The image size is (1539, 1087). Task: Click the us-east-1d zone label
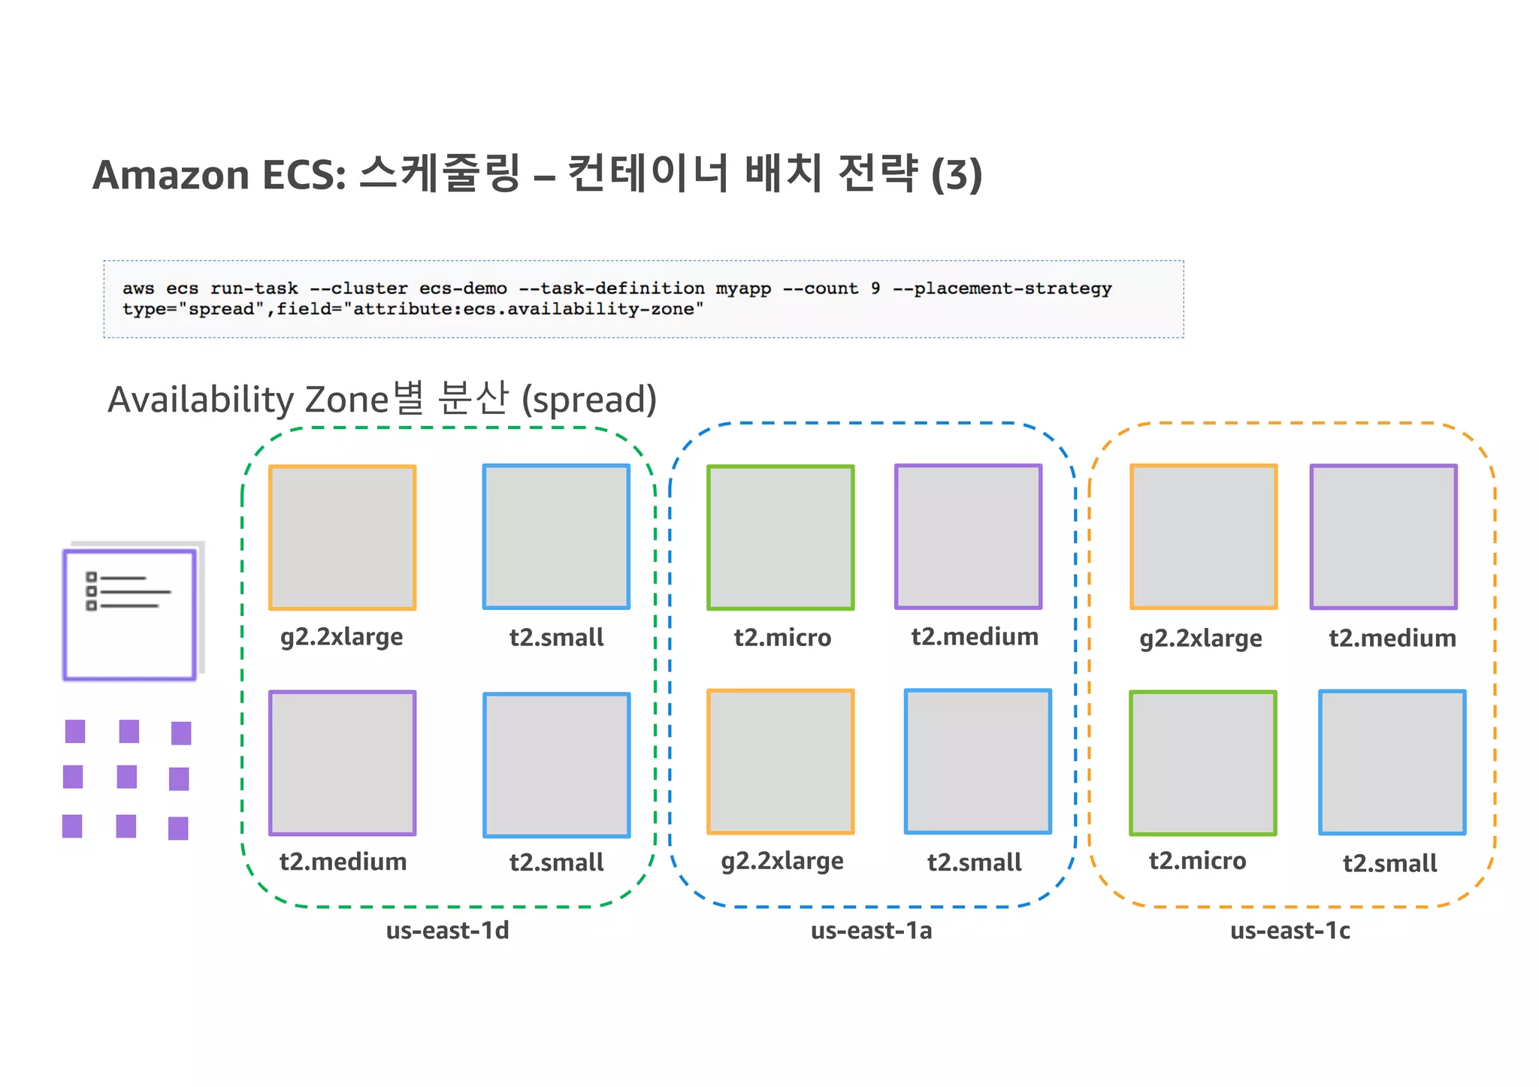(447, 931)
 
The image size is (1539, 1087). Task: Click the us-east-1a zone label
(871, 931)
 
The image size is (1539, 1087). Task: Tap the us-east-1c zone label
(1290, 931)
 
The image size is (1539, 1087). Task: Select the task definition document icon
(130, 614)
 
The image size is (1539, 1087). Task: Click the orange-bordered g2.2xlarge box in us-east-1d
(343, 537)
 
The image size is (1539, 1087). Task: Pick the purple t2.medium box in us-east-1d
(343, 762)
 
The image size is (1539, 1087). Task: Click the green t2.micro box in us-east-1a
(781, 537)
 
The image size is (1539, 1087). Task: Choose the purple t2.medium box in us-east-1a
(968, 536)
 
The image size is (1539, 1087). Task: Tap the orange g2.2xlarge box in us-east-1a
(781, 762)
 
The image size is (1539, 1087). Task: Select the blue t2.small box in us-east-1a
(978, 762)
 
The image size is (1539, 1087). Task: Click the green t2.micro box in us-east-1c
(1203, 762)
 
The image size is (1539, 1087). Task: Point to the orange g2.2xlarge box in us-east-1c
(1204, 536)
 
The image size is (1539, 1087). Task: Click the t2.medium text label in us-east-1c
(1392, 639)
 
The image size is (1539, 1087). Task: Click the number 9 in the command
(875, 288)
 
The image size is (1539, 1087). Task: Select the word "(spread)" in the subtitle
(589, 400)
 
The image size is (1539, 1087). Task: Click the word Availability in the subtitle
(200, 400)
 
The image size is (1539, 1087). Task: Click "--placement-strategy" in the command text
(1002, 288)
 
